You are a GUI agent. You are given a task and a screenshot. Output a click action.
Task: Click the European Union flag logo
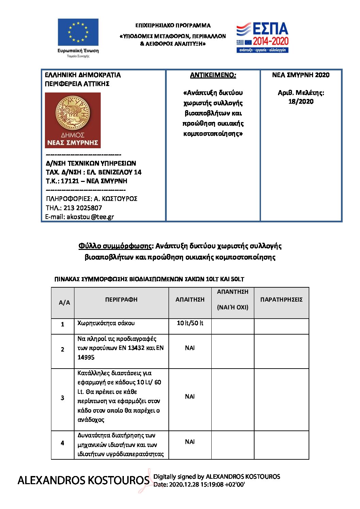[78, 32]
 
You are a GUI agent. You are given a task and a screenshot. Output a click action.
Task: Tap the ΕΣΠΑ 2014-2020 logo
[262, 38]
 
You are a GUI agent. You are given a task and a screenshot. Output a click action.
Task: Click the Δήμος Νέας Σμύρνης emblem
[73, 120]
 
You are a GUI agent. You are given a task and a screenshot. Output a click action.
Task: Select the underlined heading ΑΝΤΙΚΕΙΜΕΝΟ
[213, 75]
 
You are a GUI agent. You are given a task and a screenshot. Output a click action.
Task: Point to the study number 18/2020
[301, 101]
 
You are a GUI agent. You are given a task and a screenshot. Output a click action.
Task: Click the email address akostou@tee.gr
[90, 217]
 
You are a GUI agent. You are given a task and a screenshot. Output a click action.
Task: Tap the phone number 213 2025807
[83, 208]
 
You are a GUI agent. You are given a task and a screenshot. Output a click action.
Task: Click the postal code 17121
[70, 181]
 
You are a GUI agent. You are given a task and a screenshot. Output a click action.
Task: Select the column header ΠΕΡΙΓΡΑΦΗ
[121, 300]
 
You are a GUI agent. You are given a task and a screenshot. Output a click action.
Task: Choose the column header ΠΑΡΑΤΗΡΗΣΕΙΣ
[281, 300]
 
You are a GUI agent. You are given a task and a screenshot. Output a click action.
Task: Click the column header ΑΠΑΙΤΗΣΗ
[190, 300]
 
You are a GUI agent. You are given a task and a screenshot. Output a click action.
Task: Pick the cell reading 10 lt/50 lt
[190, 323]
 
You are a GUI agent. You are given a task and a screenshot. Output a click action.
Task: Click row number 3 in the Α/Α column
[62, 397]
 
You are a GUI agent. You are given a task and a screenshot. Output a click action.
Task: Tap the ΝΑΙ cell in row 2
[190, 348]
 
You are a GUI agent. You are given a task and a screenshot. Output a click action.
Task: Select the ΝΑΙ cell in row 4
[190, 442]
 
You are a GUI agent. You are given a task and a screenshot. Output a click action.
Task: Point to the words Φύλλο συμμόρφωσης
[115, 246]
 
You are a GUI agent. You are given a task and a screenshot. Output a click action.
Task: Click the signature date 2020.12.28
[185, 485]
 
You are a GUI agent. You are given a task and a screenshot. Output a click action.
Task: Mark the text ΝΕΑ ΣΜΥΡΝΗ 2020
[301, 75]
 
